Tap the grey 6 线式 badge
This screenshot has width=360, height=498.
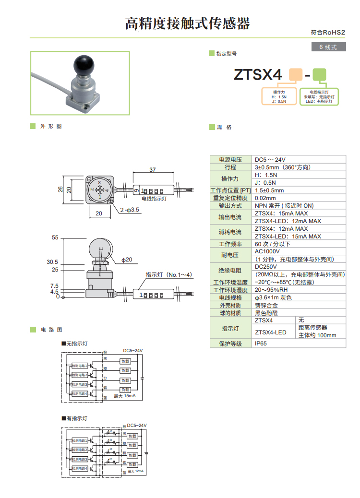328,47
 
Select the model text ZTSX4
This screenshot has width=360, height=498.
257,75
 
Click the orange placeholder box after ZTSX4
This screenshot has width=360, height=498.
295,75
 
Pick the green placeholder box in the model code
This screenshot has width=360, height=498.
319,75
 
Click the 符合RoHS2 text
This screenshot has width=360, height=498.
328,33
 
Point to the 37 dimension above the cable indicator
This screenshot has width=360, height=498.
153,170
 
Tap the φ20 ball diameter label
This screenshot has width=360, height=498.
127,260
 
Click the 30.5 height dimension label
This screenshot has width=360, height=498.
52,262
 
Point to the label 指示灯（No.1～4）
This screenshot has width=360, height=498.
168,275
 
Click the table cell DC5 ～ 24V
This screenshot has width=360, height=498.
270,159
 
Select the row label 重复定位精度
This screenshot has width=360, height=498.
230,198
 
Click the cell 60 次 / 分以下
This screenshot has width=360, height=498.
273,244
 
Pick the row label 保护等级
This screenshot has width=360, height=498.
230,344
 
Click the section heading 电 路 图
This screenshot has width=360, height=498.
51,330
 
